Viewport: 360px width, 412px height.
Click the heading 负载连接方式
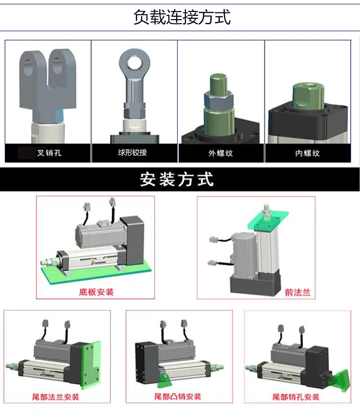(182, 17)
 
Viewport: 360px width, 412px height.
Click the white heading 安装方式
(177, 179)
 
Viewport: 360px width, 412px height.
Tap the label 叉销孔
(49, 153)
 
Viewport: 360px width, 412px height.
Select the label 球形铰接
(132, 153)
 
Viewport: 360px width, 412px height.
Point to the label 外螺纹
(221, 153)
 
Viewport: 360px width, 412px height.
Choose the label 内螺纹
(307, 153)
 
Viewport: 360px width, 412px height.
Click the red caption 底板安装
(96, 292)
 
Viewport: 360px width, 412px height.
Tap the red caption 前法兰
(298, 293)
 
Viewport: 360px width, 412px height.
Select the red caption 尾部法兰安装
(56, 397)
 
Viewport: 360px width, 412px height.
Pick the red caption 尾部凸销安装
(178, 397)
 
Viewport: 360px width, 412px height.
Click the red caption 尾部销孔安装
(296, 397)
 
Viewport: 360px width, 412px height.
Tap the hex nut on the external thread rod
(218, 100)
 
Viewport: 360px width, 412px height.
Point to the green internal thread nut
(308, 96)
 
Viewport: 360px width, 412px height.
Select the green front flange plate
(268, 220)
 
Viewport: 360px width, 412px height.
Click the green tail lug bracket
(164, 380)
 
